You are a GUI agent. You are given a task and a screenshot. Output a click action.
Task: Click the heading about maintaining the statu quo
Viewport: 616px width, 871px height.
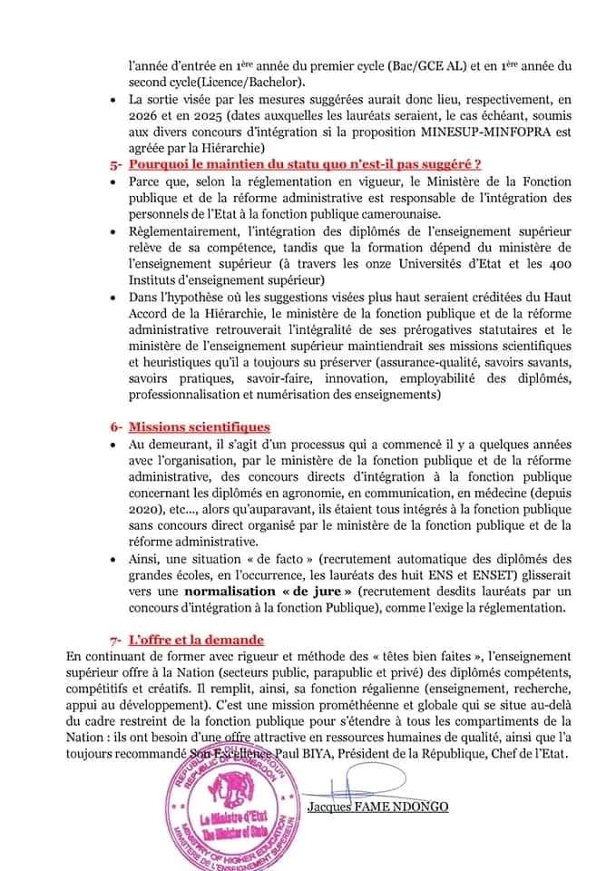click(x=304, y=164)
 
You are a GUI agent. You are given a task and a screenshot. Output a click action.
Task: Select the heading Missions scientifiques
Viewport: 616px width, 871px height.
click(x=199, y=426)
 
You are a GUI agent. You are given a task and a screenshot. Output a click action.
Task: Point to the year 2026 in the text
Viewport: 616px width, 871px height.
click(x=144, y=118)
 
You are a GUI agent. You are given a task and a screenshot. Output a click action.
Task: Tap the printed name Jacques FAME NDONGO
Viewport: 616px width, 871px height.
click(x=377, y=807)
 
